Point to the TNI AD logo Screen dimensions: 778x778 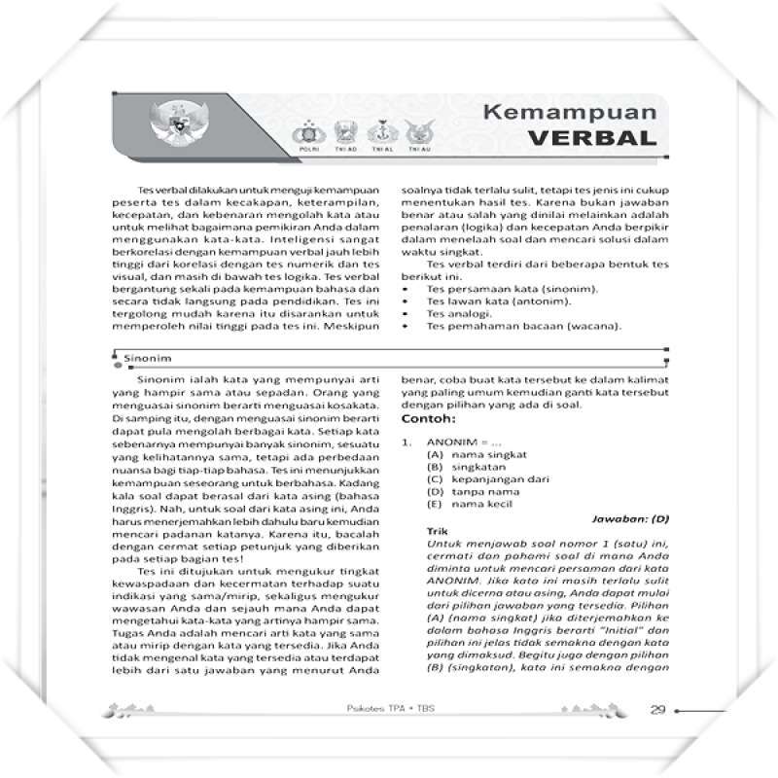click(x=341, y=133)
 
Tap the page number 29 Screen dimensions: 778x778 click(x=658, y=708)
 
